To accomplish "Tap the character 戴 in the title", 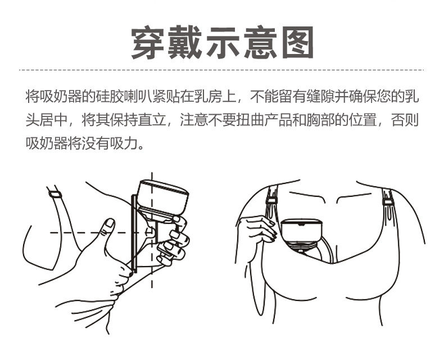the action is [185, 43].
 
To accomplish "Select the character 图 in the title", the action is [298, 43].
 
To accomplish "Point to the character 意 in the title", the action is [260, 43].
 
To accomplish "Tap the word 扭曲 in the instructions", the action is [251, 120].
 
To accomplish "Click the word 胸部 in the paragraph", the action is [321, 120].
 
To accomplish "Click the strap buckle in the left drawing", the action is [55, 195].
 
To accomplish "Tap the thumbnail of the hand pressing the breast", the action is [110, 223].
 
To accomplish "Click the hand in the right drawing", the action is [257, 229].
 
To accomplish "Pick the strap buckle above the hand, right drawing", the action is [271, 201].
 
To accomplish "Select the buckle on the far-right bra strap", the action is [388, 202].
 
